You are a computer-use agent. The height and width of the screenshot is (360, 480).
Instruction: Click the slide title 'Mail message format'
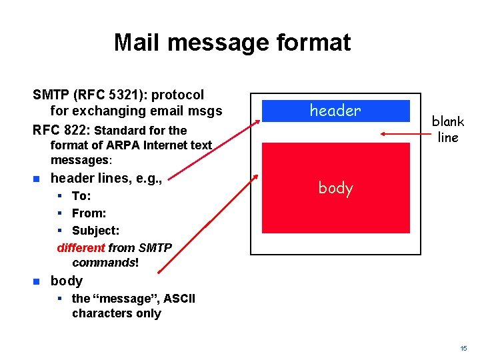point(231,42)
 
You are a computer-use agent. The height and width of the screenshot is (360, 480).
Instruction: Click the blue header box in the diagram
point(335,111)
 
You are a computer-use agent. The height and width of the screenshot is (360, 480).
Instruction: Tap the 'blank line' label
point(447,129)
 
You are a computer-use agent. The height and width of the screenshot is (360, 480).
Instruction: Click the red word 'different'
point(81,248)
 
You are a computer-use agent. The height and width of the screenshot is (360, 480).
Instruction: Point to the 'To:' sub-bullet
point(81,196)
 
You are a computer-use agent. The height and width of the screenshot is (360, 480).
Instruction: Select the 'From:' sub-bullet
point(89,213)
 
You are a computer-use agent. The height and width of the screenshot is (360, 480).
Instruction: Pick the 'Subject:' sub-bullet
point(95,231)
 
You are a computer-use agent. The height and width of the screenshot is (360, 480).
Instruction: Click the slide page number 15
point(463,349)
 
